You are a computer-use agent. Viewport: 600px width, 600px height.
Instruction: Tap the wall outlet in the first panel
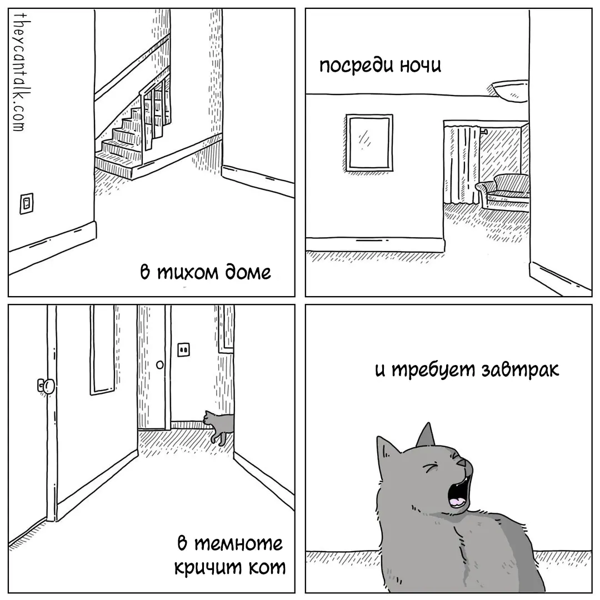(27, 203)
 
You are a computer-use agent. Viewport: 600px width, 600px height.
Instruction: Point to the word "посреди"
(357, 66)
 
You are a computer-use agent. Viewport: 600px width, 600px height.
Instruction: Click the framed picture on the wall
(369, 142)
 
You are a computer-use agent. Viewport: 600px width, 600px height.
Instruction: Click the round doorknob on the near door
(47, 386)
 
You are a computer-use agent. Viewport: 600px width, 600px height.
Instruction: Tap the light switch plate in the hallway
(184, 349)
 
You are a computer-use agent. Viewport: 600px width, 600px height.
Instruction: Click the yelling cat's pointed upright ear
(426, 435)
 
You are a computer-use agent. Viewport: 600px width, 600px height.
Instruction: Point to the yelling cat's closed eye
(430, 468)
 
